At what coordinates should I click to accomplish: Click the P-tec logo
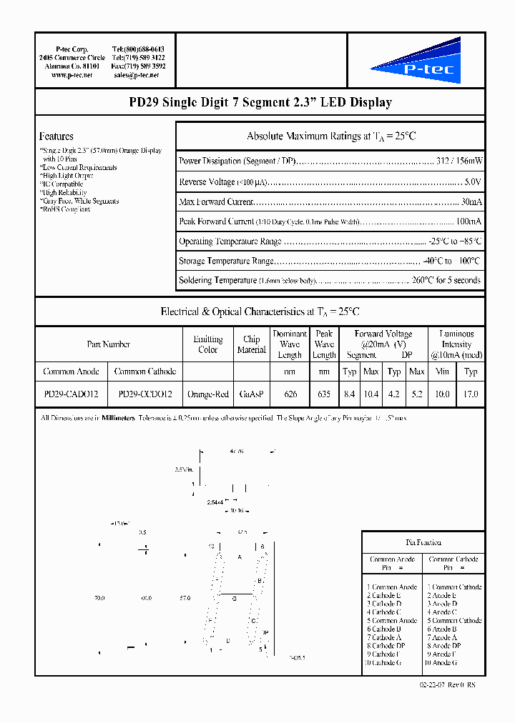[x=416, y=62]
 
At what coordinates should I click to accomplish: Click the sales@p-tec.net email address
[x=136, y=75]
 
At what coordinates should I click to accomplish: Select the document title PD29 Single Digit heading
[x=260, y=102]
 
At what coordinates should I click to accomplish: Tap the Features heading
[x=56, y=136]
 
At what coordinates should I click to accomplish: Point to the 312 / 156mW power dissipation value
[x=459, y=161]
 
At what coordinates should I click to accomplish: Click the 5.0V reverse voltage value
[x=472, y=182]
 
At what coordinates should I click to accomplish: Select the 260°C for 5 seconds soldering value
[x=446, y=280]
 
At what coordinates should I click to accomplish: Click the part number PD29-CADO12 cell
[x=72, y=394]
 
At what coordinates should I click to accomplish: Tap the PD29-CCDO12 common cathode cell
[x=145, y=394]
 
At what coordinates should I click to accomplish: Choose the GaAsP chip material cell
[x=251, y=394]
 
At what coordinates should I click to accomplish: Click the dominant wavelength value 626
[x=290, y=394]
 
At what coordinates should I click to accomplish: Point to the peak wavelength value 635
[x=324, y=394]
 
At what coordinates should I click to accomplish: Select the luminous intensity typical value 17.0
[x=471, y=394]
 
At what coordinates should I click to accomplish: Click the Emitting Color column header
[x=208, y=344]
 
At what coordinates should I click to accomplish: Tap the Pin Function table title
[x=423, y=542]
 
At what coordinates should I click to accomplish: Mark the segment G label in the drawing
[x=234, y=599]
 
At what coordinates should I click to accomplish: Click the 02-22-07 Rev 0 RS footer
[x=448, y=684]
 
